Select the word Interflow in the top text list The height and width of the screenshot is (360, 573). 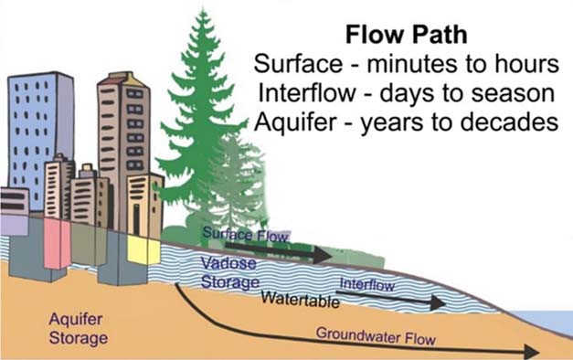[303, 92]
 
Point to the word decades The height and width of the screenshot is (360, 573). [507, 121]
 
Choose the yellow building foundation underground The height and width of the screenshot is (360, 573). [143, 249]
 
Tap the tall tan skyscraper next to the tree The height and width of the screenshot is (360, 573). [124, 137]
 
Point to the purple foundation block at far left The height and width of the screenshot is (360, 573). [14, 225]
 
